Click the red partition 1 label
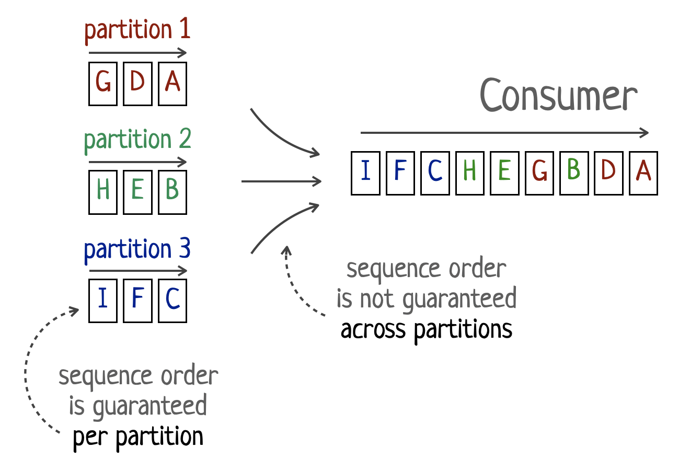[137, 30]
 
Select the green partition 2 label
[137, 140]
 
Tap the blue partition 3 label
[137, 249]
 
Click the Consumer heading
[558, 96]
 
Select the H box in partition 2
[103, 192]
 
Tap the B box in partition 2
[172, 192]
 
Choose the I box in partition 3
[103, 301]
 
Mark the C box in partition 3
[172, 301]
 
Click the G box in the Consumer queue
[539, 173]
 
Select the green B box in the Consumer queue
[574, 173]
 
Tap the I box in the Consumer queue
[365, 173]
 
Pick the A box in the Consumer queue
[643, 173]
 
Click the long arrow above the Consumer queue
[504, 133]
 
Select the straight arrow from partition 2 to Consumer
[281, 181]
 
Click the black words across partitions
[427, 330]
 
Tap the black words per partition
[138, 436]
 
